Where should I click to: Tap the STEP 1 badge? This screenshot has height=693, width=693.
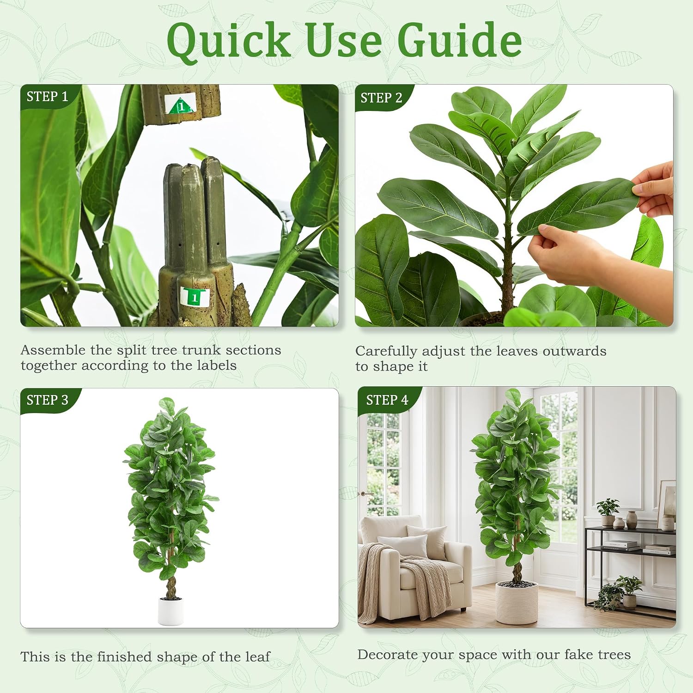48,96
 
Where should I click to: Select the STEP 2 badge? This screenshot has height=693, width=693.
382,97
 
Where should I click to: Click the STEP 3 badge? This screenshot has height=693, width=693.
48,400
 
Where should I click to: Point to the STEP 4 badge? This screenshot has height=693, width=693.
387,400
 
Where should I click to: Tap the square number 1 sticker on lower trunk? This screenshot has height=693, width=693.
195,297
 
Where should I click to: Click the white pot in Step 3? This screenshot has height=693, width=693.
170,611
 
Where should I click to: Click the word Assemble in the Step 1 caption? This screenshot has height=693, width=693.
53,350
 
